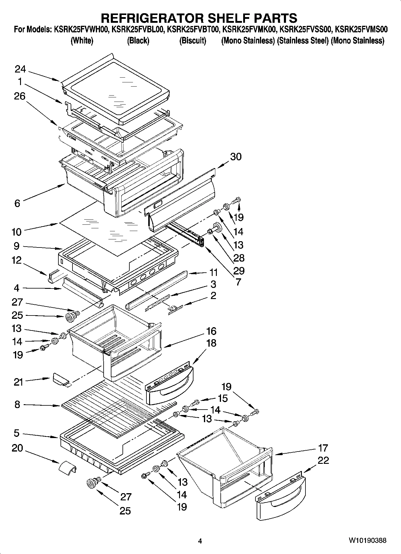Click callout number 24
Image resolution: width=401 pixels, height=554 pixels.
[x=20, y=70]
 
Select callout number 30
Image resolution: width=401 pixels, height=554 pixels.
[x=236, y=156]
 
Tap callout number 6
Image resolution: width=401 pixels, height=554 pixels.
[x=17, y=203]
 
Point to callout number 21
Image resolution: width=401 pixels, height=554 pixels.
[x=18, y=382]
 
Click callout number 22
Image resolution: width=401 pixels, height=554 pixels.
[x=323, y=460]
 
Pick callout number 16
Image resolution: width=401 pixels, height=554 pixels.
[x=211, y=331]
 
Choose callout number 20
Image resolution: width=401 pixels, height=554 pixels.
[x=17, y=448]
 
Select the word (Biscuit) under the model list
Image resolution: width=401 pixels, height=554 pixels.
[x=193, y=40]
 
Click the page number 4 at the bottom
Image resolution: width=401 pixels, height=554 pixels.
[x=200, y=541]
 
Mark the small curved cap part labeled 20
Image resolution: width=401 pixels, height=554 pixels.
[x=67, y=468]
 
